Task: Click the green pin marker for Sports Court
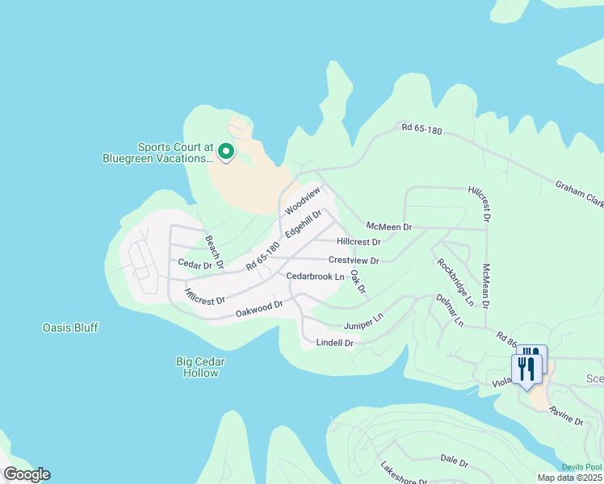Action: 227,151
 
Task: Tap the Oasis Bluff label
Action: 70,328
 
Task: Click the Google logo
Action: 27,474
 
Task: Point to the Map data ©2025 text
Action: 569,478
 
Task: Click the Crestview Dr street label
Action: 354,261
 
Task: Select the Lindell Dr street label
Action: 334,343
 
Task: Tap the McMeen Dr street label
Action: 388,227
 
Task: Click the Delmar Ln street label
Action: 449,310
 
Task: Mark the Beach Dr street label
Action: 213,252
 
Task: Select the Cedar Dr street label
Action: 195,264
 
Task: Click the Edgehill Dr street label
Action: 304,224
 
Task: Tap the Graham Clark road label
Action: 579,194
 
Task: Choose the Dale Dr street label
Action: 455,461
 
